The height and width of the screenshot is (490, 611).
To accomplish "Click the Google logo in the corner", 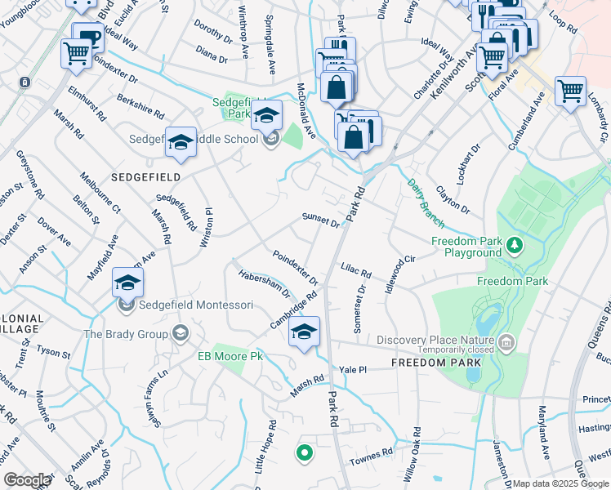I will (x=27, y=480).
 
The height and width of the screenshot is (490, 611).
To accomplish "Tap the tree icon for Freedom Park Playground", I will (x=515, y=244).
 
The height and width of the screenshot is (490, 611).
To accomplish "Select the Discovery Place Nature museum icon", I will (x=506, y=341).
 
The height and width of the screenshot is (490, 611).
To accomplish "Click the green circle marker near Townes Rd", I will (x=304, y=451).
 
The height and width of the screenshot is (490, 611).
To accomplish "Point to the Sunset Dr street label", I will (x=320, y=220).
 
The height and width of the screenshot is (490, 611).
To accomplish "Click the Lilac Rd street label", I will (x=355, y=269).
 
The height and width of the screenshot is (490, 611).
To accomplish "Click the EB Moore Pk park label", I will (x=230, y=356).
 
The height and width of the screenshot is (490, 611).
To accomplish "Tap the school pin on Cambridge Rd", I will (x=304, y=332).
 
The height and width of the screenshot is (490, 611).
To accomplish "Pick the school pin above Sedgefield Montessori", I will (x=128, y=283).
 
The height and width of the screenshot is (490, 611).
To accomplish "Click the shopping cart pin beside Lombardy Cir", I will (x=570, y=91).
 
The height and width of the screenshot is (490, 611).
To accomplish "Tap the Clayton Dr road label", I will (x=453, y=199).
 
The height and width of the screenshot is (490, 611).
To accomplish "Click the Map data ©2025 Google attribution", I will (x=561, y=483).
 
